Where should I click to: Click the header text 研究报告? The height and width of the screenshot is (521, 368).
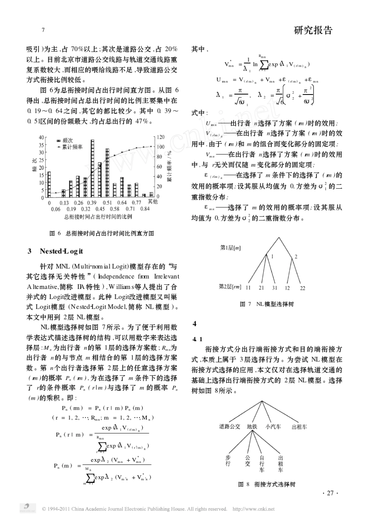313,31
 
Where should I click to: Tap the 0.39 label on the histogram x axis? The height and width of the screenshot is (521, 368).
91,203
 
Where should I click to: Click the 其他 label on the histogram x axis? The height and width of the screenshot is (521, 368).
153,202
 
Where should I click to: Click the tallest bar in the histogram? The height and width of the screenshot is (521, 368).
93,169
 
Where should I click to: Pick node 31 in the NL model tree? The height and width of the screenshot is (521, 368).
274,288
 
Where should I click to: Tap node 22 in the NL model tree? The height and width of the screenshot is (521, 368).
303,288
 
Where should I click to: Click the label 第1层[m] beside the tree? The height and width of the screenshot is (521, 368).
230,248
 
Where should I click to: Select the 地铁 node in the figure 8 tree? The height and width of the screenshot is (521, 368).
252,426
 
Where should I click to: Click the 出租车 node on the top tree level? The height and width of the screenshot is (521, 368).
299,426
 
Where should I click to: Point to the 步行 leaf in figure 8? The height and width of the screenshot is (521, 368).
228,461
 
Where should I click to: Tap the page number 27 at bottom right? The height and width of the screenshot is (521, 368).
330,493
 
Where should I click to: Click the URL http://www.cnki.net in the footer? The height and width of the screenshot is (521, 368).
253,509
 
